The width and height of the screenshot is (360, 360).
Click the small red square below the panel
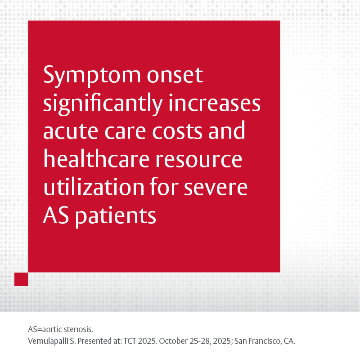21,279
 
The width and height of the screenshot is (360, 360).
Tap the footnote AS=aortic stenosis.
60,329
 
